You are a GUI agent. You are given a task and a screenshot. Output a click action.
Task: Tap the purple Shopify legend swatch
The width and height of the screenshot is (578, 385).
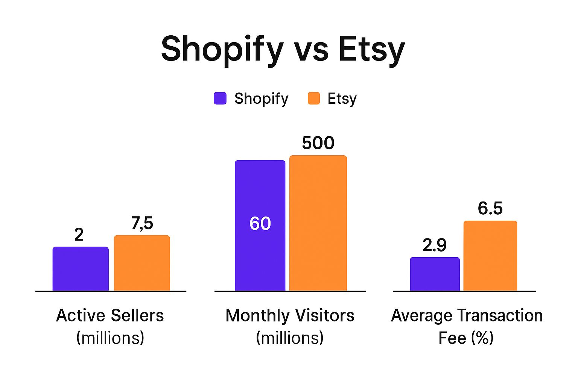220,99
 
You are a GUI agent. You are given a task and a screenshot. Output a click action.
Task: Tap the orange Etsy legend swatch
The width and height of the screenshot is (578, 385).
313,99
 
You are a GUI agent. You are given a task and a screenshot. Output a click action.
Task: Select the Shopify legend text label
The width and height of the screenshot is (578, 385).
261,99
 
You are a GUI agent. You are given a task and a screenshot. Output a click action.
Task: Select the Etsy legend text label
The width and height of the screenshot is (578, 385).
342,99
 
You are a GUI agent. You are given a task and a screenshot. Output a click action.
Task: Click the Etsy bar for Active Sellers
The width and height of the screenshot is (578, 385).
142,263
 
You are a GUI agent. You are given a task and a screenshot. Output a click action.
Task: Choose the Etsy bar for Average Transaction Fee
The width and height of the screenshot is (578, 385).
490,256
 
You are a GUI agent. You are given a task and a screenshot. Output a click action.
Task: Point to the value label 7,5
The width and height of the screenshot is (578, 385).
142,223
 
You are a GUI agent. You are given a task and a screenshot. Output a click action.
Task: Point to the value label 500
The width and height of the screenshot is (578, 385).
318,143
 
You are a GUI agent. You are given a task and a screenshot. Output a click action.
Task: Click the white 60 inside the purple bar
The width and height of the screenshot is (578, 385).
260,223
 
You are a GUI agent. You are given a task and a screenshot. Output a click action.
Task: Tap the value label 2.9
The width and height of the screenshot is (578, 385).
435,245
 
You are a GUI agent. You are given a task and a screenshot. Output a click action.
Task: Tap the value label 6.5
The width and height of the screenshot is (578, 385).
490,208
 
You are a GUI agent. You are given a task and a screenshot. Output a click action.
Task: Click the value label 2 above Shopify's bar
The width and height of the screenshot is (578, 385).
79,235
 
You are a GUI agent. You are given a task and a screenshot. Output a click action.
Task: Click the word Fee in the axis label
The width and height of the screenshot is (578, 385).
452,338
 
